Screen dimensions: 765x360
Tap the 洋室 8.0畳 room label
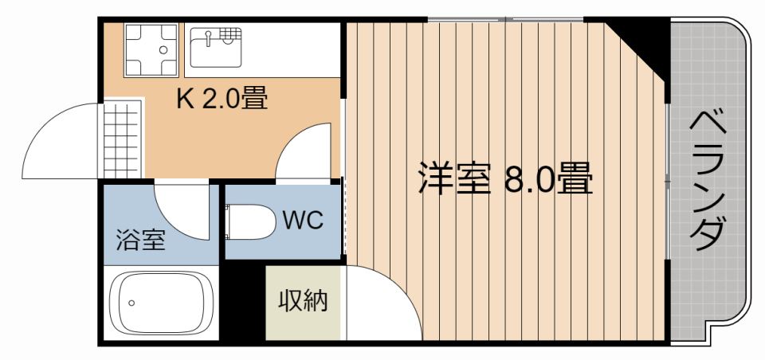coord(505,178)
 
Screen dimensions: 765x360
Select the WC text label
coord(303,221)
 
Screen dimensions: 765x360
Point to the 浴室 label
coord(140,240)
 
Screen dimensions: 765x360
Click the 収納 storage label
coord(303,300)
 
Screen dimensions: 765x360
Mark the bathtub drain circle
coord(131,303)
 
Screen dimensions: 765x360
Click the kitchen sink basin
coord(216,47)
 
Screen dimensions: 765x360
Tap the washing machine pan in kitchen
coord(151,49)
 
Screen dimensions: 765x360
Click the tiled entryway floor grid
coord(122,139)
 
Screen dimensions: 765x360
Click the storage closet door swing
coord(383,303)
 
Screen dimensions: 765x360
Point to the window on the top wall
coord(505,19)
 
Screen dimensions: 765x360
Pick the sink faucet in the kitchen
coord(209,37)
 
